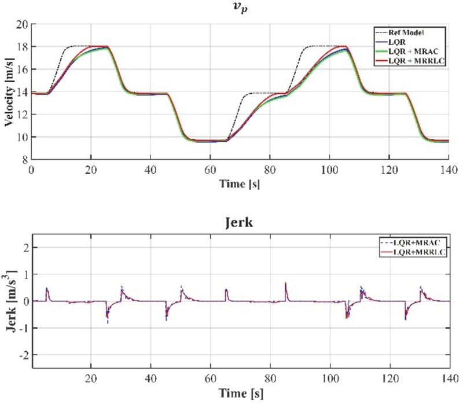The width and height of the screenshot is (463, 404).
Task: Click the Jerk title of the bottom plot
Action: (239, 222)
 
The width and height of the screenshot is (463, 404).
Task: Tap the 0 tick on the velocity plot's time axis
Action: (31, 170)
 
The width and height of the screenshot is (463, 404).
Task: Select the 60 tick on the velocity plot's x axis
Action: (210, 170)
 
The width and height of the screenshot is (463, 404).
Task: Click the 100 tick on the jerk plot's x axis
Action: (330, 379)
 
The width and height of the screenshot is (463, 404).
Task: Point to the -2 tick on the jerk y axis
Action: (24, 355)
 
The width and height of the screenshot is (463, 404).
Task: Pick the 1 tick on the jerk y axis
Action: (26, 274)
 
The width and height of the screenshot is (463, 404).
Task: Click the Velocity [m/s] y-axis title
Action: (9, 92)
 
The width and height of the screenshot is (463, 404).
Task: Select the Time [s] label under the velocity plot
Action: (240, 184)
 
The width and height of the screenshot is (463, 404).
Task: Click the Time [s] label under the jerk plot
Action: (241, 394)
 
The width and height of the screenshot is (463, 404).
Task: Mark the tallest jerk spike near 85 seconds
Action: (285, 284)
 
